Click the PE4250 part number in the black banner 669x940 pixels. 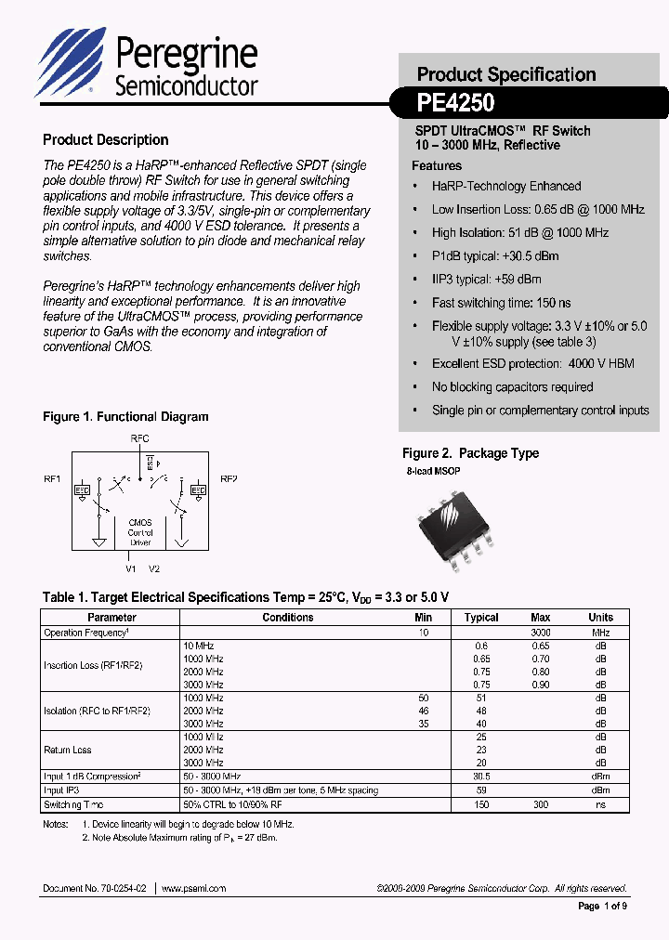tap(455, 103)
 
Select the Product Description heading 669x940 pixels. tap(105, 140)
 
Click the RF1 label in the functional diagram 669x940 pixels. tap(52, 479)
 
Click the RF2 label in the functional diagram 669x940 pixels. tap(229, 479)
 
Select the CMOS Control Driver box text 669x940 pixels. tap(140, 533)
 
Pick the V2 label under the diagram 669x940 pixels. tap(154, 568)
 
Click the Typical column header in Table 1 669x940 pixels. tap(481, 618)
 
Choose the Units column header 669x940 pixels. tap(600, 618)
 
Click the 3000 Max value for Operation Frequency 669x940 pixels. tap(541, 633)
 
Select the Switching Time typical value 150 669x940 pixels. tap(481, 805)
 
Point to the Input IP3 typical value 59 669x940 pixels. tap(481, 791)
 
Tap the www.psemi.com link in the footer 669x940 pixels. tap(193, 889)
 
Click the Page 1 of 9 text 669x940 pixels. tap(602, 907)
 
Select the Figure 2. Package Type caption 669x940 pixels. tap(470, 453)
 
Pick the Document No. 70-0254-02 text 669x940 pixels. tap(96, 889)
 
